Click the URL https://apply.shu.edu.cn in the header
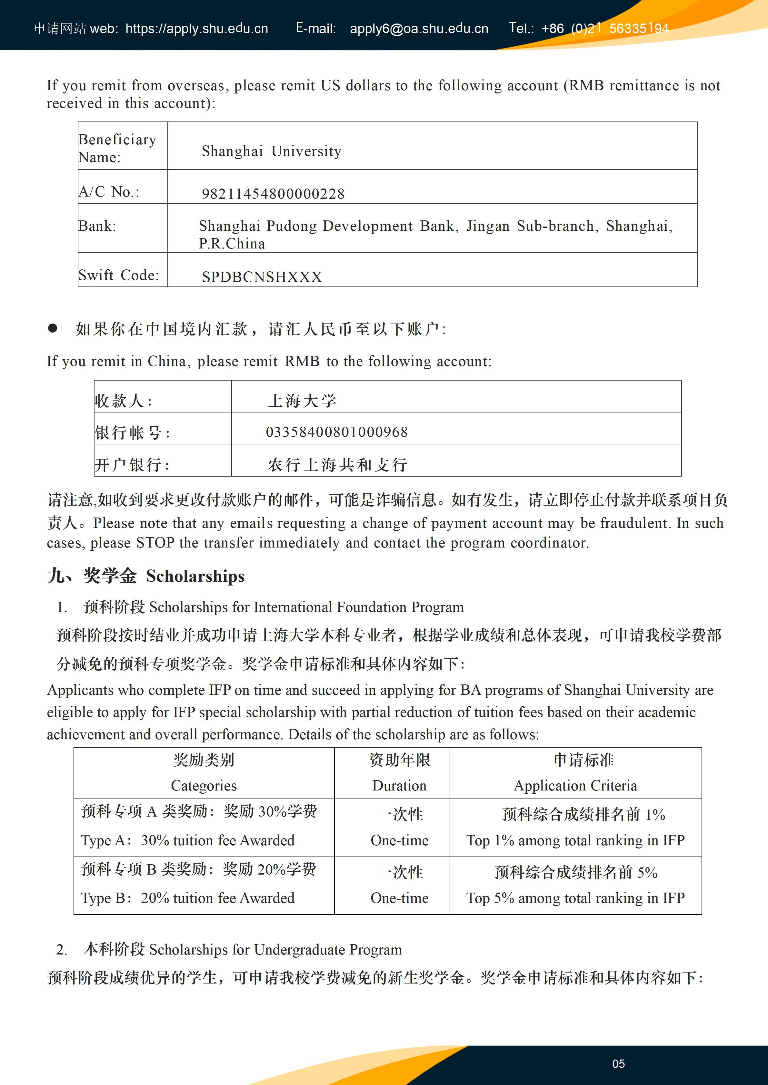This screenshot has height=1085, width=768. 197,29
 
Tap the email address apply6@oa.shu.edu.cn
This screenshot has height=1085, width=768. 419,29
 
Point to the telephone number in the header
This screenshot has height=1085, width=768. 605,29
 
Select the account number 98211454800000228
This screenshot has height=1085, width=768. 273,194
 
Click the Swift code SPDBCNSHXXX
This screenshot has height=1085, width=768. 262,277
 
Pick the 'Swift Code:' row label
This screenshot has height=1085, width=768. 119,275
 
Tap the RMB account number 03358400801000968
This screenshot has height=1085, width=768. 337,432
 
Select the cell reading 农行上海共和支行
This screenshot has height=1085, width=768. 337,465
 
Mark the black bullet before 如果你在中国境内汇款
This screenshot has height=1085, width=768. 53,328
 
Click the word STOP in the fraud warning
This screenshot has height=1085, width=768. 155,543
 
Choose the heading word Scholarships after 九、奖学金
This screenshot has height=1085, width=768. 195,576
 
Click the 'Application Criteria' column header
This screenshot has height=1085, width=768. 575,785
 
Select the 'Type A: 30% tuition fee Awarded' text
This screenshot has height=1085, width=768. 187,840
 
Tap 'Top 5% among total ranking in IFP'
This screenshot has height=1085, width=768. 575,898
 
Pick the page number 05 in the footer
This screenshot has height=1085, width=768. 618,1064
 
